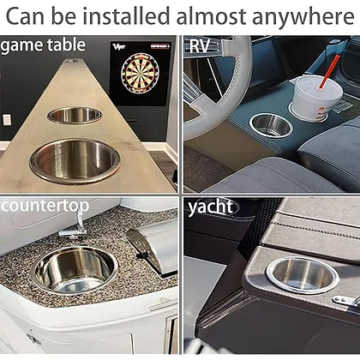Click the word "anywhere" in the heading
(303, 17)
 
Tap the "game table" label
(43, 45)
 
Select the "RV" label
(199, 45)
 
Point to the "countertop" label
(45, 206)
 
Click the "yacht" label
(210, 207)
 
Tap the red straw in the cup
(329, 71)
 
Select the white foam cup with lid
(316, 99)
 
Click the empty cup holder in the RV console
(271, 125)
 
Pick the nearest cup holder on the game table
(75, 161)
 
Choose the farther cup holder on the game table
(75, 116)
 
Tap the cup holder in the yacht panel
(303, 275)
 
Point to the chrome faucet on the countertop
(75, 225)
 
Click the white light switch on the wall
(7, 120)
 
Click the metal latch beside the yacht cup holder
(346, 300)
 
